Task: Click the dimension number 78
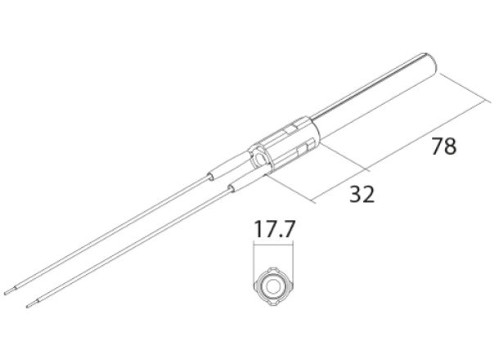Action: click(443, 148)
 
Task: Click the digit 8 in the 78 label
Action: click(450, 148)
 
